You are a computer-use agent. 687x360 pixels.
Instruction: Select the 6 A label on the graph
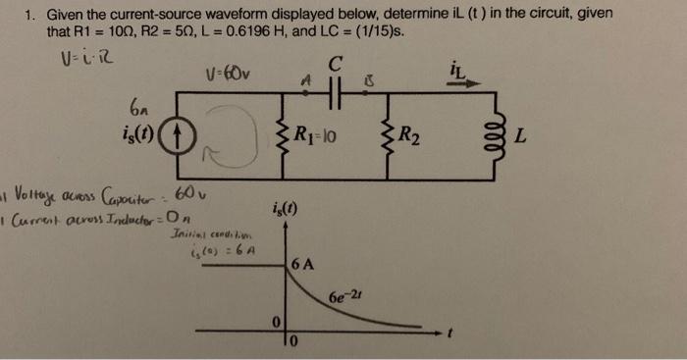coord(302,262)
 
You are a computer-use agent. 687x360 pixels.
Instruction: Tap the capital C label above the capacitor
coord(337,62)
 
